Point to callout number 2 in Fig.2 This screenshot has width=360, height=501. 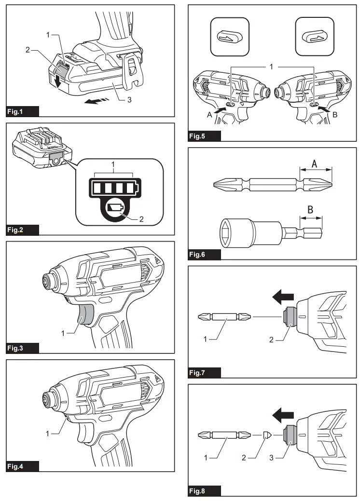click(x=141, y=218)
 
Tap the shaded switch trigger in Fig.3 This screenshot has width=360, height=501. click(x=87, y=315)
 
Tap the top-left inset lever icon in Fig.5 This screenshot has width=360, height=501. click(x=230, y=37)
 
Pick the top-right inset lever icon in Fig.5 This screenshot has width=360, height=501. click(x=315, y=37)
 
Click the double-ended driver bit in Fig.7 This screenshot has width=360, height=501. click(x=224, y=317)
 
